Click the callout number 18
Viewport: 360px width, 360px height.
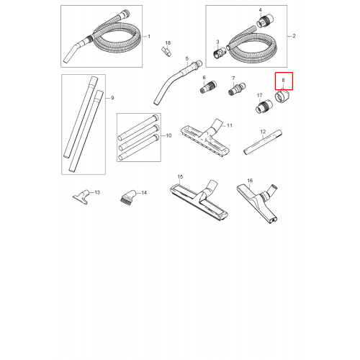[x=168, y=43]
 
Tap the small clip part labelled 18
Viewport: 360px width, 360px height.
[x=166, y=52]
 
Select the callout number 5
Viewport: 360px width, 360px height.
[x=187, y=58]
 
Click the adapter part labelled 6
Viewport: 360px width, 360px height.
[x=208, y=87]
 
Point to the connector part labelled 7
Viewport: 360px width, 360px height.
[x=237, y=89]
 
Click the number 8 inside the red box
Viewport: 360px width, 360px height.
[x=283, y=81]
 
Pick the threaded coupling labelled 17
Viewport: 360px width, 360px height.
[x=264, y=107]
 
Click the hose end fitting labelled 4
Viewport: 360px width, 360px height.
[x=265, y=20]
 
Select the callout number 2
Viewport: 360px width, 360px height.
[x=294, y=36]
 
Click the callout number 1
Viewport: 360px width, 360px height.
[x=149, y=37]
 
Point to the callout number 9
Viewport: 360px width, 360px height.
[x=112, y=98]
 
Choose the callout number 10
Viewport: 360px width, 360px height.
[x=168, y=135]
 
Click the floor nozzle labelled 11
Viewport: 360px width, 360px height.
[x=205, y=138]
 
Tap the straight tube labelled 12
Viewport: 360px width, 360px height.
[x=263, y=142]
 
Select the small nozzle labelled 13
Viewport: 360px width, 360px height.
[x=81, y=197]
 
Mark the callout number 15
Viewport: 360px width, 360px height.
[x=180, y=177]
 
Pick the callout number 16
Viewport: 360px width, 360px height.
[x=250, y=181]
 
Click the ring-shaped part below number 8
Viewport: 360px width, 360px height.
[x=282, y=96]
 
